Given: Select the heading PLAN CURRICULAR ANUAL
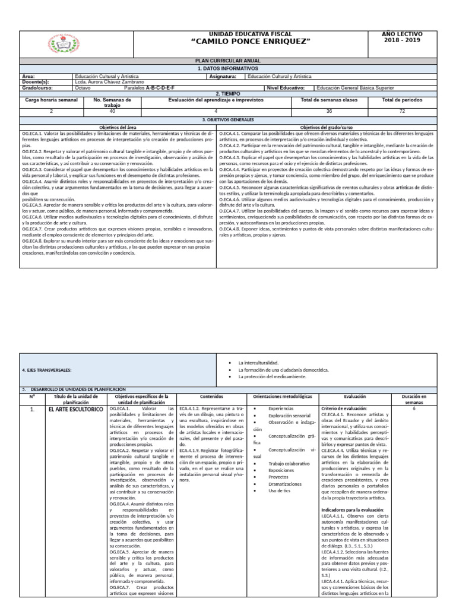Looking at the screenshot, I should (228, 61).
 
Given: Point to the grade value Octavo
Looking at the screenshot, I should (83, 88).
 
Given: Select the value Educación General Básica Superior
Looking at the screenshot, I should (356, 88).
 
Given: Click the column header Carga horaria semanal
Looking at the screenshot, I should (51, 100).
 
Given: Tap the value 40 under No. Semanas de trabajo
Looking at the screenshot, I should (112, 111).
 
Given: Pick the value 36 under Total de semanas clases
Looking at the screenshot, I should (330, 111).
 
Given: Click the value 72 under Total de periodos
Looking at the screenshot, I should (402, 111).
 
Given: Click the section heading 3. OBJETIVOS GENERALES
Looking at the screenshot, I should (228, 119).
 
